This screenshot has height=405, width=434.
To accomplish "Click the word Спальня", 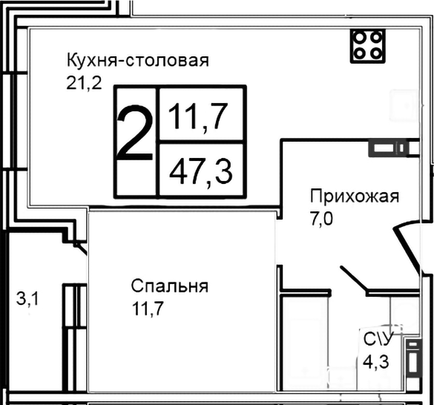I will (169, 286).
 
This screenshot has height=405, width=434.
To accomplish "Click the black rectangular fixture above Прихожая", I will (387, 148).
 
